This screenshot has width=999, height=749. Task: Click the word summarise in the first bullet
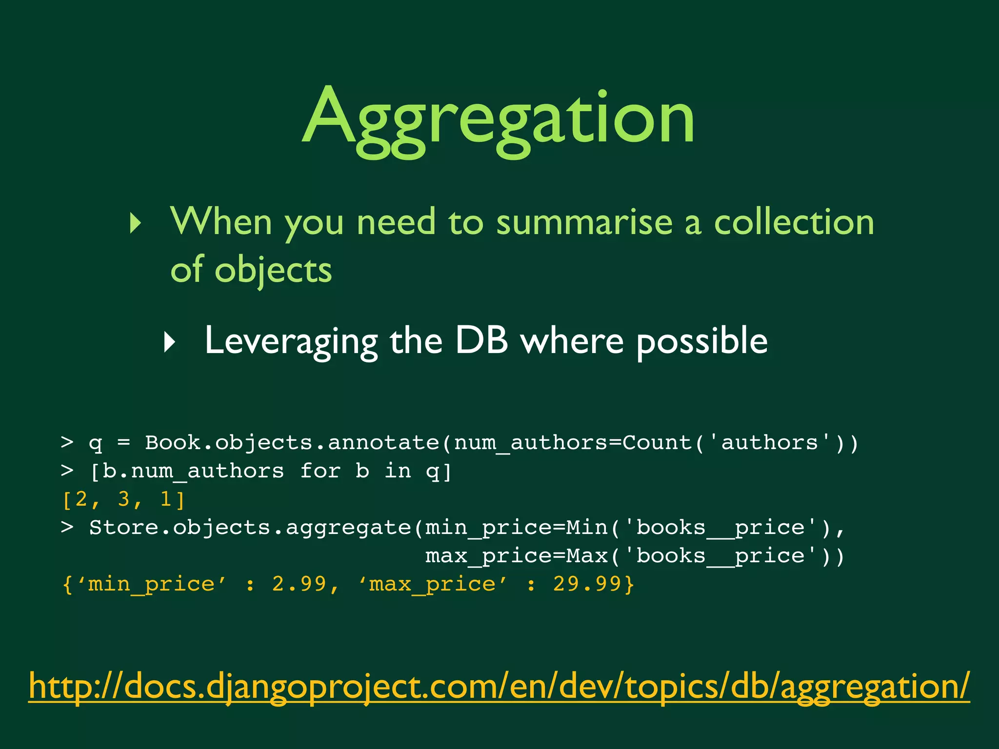(x=583, y=222)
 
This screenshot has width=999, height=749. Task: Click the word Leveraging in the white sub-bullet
(x=291, y=341)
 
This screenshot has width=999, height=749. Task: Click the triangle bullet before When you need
(x=136, y=223)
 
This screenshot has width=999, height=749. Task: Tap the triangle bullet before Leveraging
(x=169, y=342)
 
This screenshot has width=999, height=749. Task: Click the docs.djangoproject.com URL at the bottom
(x=499, y=687)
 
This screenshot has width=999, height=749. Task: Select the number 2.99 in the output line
(x=299, y=584)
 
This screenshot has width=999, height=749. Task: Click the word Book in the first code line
(x=173, y=443)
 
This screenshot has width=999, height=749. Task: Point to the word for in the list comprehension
(x=320, y=471)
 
